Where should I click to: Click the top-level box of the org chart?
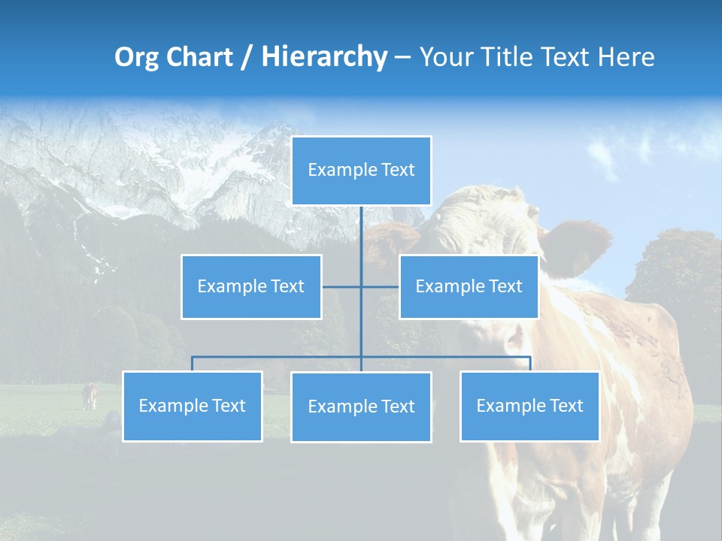point(361,171)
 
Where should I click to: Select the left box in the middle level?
point(251,287)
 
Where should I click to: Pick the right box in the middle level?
point(469,287)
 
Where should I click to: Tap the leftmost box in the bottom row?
point(192,407)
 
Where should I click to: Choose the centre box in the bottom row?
point(361,407)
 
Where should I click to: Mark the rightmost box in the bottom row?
point(529,407)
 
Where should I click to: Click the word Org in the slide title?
point(136,57)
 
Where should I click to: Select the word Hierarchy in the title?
point(323,57)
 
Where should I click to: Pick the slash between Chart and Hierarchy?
point(247,57)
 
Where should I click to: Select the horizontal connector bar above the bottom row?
point(278,357)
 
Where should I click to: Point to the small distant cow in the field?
point(89,396)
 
